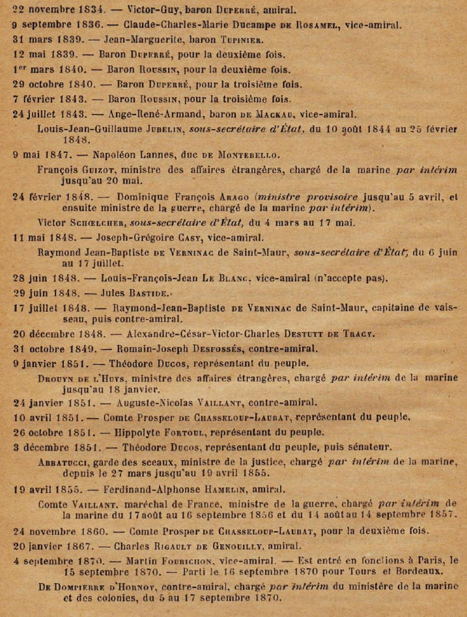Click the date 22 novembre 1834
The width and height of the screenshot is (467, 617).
tap(50, 10)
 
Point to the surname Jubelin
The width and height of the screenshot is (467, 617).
tap(183, 129)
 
